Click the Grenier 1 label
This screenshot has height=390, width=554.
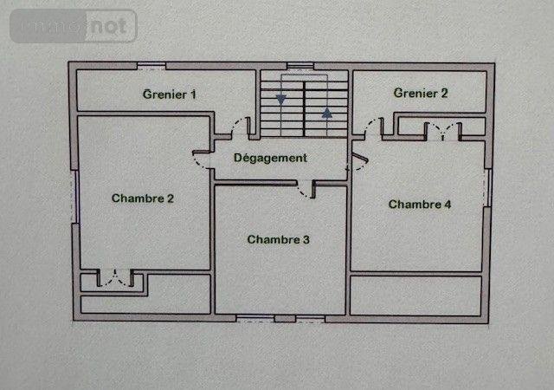pyautogui.click(x=170, y=94)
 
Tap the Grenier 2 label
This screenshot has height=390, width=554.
pyautogui.click(x=421, y=93)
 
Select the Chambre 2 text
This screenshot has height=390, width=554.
pyautogui.click(x=143, y=198)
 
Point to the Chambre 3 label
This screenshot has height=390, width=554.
pyautogui.click(x=278, y=239)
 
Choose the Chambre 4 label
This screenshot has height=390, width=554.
pyautogui.click(x=420, y=205)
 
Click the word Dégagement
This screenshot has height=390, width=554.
pyautogui.click(x=270, y=158)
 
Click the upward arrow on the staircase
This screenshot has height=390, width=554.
pyautogui.click(x=326, y=112)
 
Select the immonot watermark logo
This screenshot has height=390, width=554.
pyautogui.click(x=74, y=26)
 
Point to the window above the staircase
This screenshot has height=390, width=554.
pyautogui.click(x=300, y=64)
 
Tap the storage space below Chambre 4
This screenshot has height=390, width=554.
pyautogui.click(x=415, y=295)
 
